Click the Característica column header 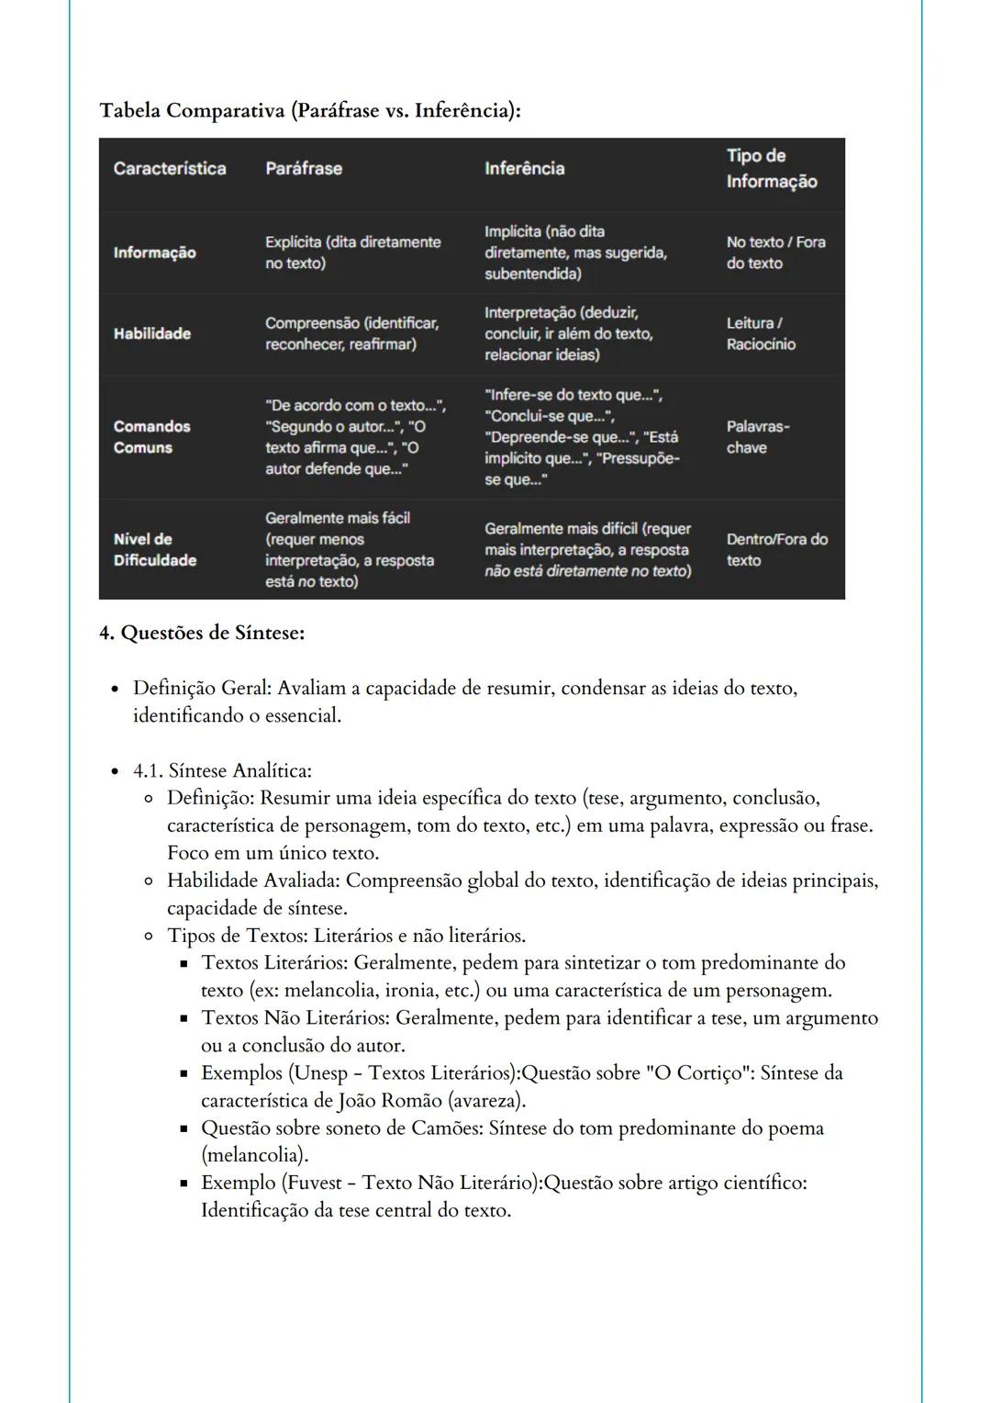click(170, 169)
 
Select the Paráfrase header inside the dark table click(304, 169)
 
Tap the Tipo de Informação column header click(772, 169)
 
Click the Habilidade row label click(152, 334)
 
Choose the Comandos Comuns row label click(152, 437)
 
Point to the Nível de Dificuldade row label click(155, 550)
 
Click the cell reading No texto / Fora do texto click(775, 253)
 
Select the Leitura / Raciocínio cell click(761, 334)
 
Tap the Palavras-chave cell click(758, 437)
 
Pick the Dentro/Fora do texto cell click(776, 550)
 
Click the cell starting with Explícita click(352, 253)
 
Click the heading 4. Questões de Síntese click(202, 633)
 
